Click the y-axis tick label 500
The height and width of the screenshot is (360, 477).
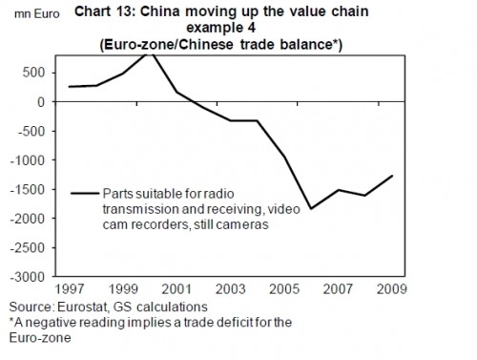[x=34, y=73]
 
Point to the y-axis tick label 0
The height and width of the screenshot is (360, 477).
[x=40, y=102]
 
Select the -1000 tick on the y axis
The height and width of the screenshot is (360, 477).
[x=29, y=159]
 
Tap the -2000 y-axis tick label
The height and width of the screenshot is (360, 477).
[x=29, y=218]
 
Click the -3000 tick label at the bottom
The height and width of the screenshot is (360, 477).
[x=29, y=276]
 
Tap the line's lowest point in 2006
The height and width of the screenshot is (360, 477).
[x=310, y=208]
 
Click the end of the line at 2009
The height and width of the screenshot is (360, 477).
[x=392, y=176]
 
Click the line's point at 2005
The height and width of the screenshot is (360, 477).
[x=282, y=156]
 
